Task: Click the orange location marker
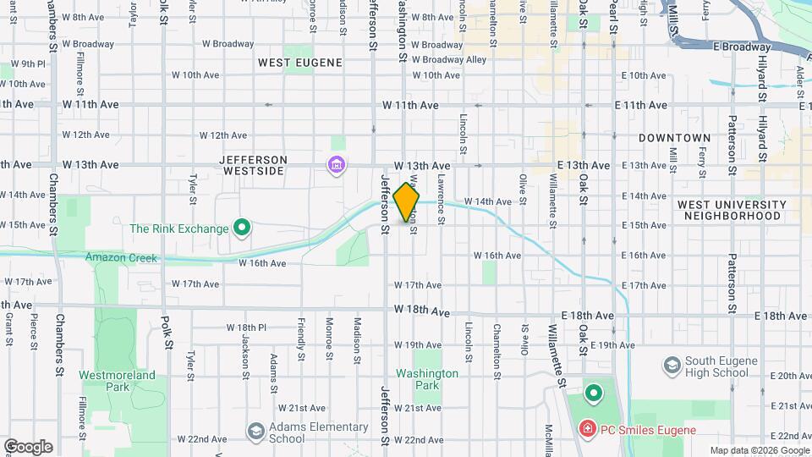pos(406,203)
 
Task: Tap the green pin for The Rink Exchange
pos(241,228)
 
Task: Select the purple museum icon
pos(337,163)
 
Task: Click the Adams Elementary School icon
pos(255,432)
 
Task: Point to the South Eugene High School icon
pos(672,365)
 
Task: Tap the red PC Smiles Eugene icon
pos(586,430)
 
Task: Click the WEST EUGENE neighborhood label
pos(299,63)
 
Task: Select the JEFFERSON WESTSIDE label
pos(254,165)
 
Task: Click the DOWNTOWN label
pos(674,137)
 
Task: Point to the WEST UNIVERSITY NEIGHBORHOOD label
pos(732,210)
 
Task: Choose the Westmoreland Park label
pos(117,381)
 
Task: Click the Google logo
pos(28,446)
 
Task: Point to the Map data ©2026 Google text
pos(760,450)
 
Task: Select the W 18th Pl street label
pos(246,328)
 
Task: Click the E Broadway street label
pos(742,47)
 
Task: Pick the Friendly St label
pos(301,337)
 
